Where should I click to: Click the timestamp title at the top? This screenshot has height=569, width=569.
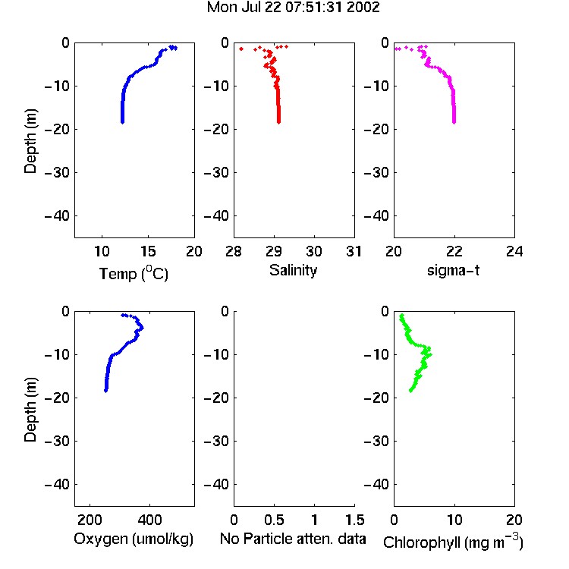(x=293, y=8)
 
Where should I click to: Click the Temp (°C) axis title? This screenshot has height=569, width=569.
(x=134, y=273)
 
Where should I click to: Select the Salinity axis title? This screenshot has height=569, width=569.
(x=293, y=270)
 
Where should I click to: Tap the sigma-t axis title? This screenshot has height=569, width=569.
(x=453, y=270)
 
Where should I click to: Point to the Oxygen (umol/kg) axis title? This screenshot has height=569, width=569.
(x=134, y=539)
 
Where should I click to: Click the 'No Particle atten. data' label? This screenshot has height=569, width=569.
(x=293, y=539)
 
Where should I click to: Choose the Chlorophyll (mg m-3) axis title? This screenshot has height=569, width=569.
(x=453, y=542)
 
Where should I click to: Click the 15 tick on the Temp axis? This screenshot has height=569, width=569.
(x=148, y=251)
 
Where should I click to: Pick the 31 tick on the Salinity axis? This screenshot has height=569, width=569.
(x=354, y=251)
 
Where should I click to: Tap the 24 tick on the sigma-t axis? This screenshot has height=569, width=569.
(x=514, y=251)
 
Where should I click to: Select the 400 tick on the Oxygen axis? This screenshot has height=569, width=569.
(x=150, y=520)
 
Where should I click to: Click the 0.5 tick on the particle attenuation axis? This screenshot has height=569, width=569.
(x=274, y=520)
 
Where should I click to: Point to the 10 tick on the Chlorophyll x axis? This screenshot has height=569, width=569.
(x=454, y=520)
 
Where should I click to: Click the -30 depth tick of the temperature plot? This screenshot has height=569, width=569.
(x=57, y=172)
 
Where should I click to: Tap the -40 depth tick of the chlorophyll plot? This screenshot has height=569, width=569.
(x=376, y=484)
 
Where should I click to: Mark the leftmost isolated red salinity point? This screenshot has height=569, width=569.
(x=241, y=49)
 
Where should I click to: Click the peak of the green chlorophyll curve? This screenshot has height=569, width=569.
(x=430, y=354)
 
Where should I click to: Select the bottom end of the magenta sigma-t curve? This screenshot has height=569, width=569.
(x=454, y=122)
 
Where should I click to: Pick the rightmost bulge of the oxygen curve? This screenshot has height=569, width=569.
(x=142, y=328)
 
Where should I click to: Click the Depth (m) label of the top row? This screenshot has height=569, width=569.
(x=30, y=141)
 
